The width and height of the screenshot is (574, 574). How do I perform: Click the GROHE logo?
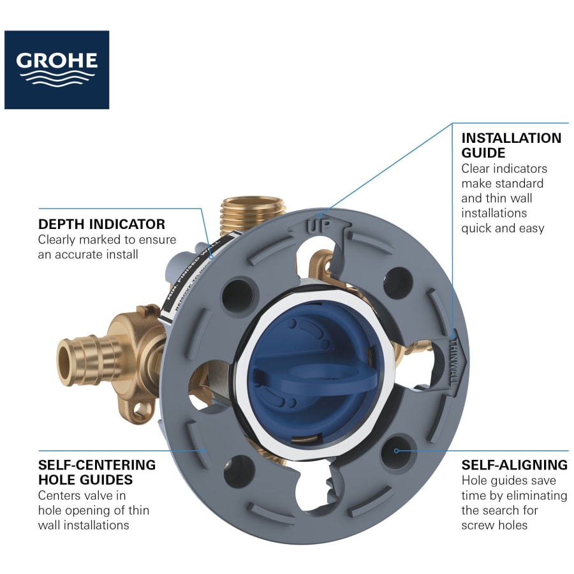[57, 70]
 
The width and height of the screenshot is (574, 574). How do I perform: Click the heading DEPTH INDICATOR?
[101, 224]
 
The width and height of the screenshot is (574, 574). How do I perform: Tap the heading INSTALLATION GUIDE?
[511, 145]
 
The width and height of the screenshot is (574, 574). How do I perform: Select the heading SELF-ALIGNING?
[514, 464]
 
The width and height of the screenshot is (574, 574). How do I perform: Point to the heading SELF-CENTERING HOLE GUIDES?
[96, 471]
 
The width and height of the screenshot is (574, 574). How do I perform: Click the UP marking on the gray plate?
[319, 224]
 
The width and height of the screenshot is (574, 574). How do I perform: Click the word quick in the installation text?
[477, 228]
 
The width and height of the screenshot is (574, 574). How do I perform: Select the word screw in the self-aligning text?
[478, 524]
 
